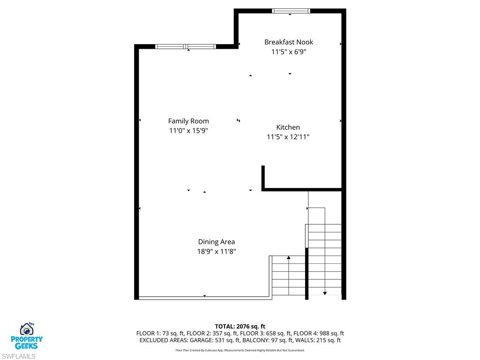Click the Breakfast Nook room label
click(289, 42)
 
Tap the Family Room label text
click(188, 121)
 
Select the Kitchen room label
click(288, 127)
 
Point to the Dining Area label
click(217, 242)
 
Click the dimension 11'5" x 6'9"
click(289, 52)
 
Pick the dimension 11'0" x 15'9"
click(188, 131)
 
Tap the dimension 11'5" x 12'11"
click(288, 137)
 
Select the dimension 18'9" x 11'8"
click(217, 252)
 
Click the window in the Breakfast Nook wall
click(291, 11)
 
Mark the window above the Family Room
click(186, 46)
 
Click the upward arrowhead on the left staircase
click(289, 258)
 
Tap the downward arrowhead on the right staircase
click(325, 293)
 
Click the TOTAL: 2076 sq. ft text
click(240, 326)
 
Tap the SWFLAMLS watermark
click(18, 356)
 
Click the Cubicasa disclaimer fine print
click(240, 350)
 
